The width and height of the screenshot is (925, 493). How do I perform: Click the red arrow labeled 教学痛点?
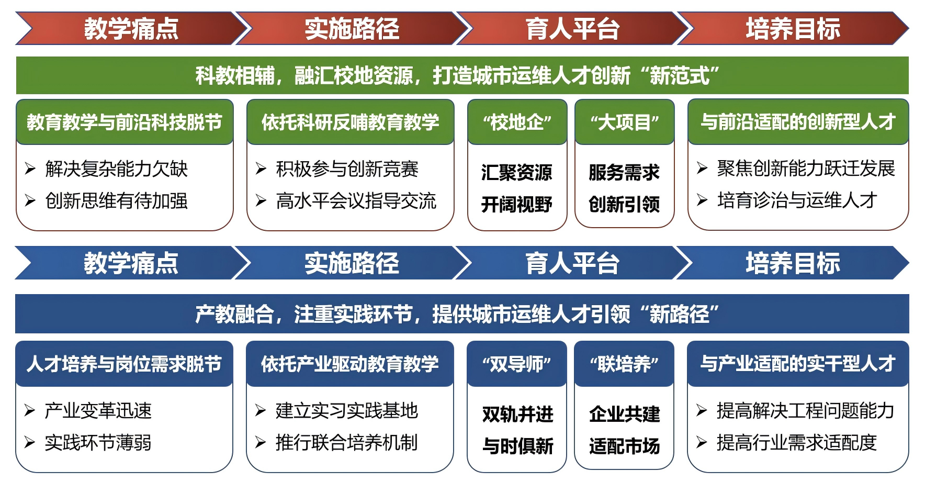tap(131, 28)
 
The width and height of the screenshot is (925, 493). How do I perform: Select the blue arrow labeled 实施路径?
tap(352, 263)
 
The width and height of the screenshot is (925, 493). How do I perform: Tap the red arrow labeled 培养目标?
tap(793, 28)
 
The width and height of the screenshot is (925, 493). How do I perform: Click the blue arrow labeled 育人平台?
tap(572, 263)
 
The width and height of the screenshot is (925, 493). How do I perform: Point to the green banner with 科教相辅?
tap(462, 75)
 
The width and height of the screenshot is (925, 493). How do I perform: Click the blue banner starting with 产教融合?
tap(462, 314)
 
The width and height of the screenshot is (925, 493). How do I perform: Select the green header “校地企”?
tap(517, 122)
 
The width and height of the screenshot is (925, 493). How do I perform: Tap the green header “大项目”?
tap(624, 122)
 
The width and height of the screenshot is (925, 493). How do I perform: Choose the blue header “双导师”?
tap(516, 364)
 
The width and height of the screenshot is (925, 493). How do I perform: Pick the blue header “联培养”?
tap(624, 364)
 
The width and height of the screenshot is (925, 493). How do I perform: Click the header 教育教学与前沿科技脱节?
tap(125, 122)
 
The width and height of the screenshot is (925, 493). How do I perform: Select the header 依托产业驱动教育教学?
tap(349, 364)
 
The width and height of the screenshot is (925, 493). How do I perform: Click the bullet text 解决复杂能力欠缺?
tap(116, 169)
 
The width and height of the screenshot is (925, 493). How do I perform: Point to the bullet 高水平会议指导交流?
tap(356, 200)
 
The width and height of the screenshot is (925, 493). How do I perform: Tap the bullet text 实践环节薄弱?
tap(98, 443)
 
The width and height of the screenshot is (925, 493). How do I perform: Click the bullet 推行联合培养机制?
tap(346, 443)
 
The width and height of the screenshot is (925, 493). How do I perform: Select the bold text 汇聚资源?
tap(516, 172)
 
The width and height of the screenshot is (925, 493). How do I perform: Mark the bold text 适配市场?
tap(624, 446)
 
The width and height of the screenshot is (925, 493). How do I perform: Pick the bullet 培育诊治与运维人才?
tap(796, 200)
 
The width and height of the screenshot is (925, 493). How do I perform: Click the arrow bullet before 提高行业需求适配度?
tap(702, 443)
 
